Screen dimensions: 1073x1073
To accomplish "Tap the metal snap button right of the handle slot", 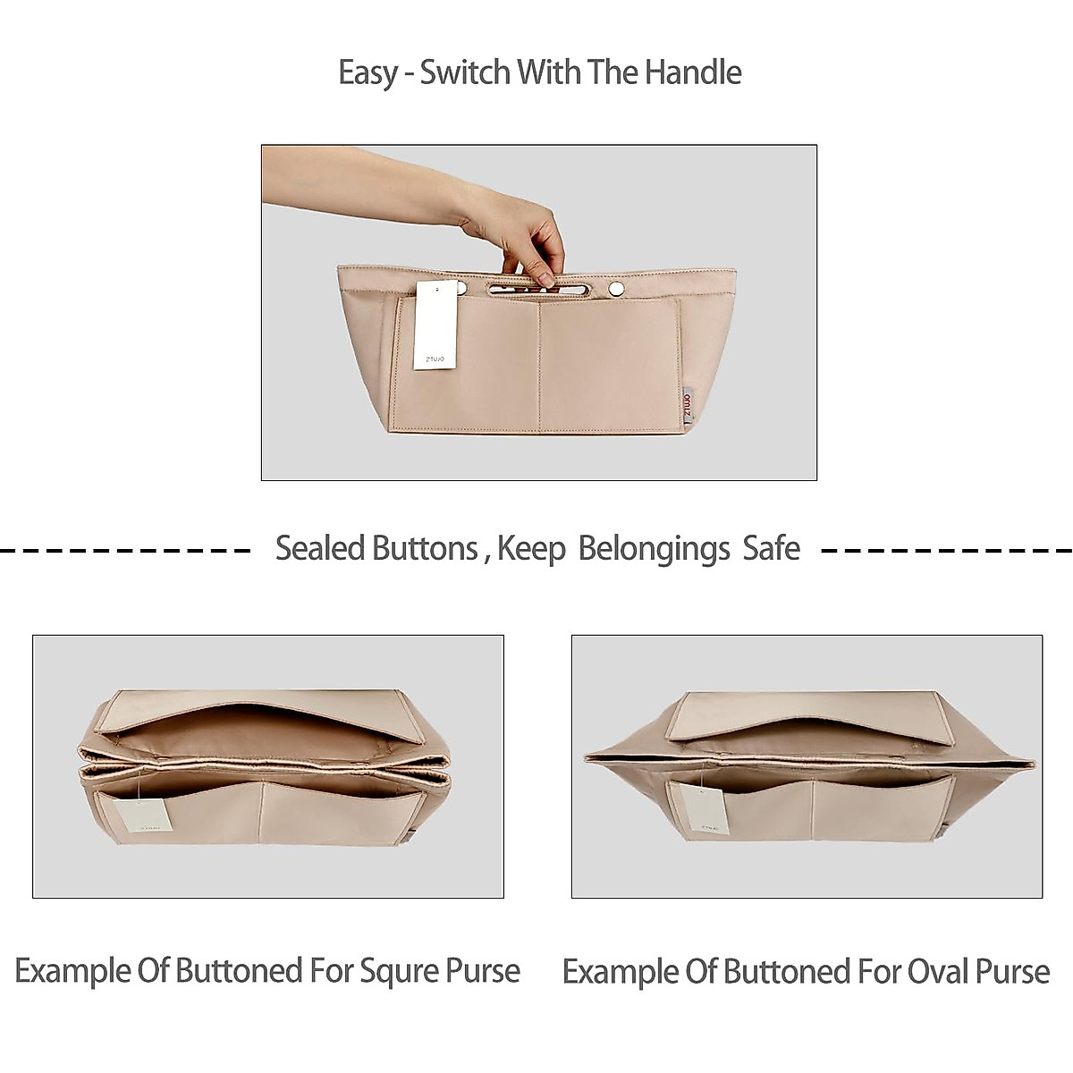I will click(x=615, y=287).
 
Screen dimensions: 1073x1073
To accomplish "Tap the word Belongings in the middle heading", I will click(x=654, y=548).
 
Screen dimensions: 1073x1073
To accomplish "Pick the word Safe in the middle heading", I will click(x=771, y=548).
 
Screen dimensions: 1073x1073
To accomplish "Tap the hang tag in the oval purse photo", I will click(x=702, y=809).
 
